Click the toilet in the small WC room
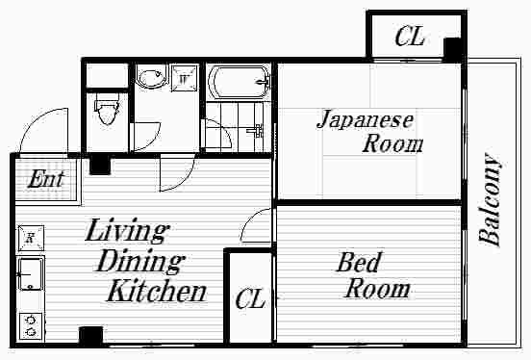(107, 109)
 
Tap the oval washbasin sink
(152, 77)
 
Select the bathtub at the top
(240, 83)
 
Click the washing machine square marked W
(184, 79)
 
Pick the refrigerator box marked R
(31, 238)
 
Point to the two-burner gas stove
(31, 326)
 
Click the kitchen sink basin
(31, 274)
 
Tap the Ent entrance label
(46, 180)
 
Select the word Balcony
(490, 199)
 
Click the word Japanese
(366, 120)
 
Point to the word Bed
(359, 262)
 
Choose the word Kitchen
(157, 292)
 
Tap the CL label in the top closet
(410, 37)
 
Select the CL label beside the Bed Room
(250, 298)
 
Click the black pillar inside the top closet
(452, 48)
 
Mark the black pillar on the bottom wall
(90, 335)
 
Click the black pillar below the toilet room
(100, 165)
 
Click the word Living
(127, 232)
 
